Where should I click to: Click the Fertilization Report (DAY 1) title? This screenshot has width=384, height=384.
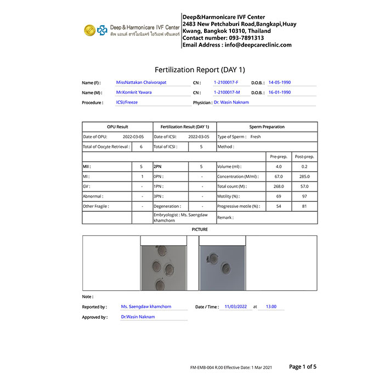[x=200, y=70]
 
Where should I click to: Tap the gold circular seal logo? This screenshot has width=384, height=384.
[x=89, y=30]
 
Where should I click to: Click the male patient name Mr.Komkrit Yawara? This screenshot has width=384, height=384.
[x=134, y=92]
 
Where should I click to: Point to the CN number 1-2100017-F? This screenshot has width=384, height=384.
[x=226, y=82]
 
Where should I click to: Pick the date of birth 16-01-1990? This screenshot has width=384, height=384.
[x=279, y=92]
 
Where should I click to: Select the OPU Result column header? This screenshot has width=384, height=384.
[x=117, y=127]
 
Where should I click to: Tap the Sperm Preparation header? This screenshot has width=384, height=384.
[x=267, y=127]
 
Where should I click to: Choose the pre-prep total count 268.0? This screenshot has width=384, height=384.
[x=279, y=187]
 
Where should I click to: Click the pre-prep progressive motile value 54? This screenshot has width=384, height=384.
[x=279, y=206]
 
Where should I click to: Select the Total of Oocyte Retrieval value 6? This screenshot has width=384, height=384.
[x=141, y=147]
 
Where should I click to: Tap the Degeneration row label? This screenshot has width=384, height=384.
[x=167, y=206]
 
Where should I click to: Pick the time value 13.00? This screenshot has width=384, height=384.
[x=271, y=307]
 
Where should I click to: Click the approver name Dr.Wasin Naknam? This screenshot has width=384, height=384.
[x=138, y=317]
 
